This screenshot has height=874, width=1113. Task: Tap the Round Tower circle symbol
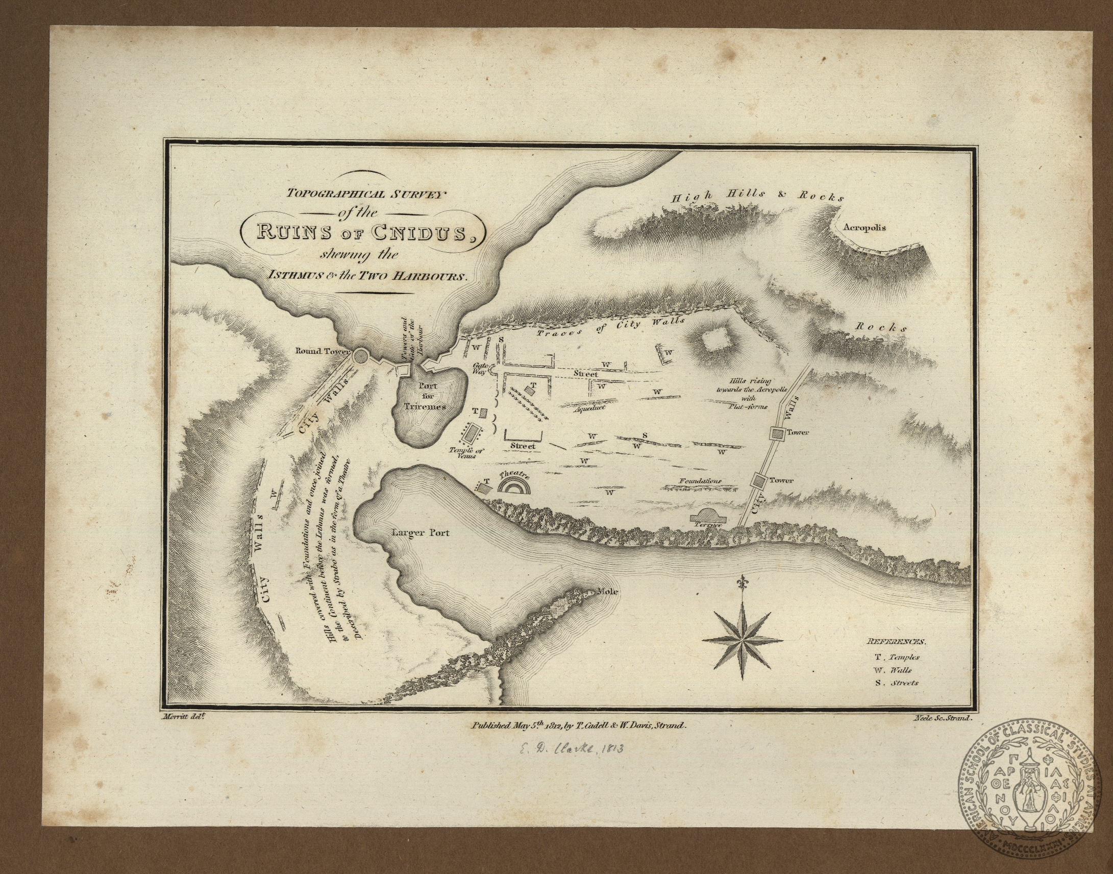coord(360,355)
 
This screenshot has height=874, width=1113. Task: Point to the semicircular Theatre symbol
coord(514,487)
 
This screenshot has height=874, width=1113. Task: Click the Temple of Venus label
coord(466,453)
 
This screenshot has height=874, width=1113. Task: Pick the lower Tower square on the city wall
coord(759,481)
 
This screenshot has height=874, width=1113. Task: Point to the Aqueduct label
coord(589,409)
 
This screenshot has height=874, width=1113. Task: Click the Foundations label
coord(700,481)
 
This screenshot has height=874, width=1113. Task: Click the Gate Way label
coord(482,370)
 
